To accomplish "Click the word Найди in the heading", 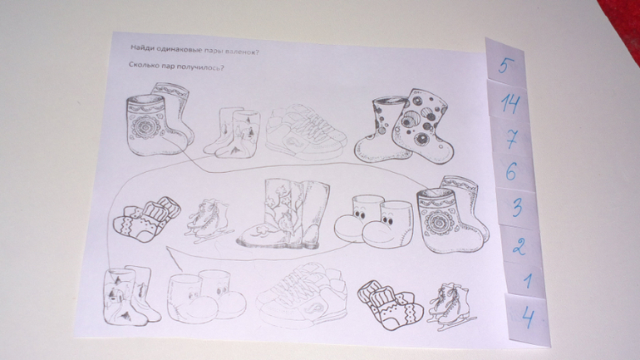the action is click(140, 47).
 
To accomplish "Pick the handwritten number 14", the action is click(510, 103).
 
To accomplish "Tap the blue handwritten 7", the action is click(511, 139).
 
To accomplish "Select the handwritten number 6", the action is click(511, 171).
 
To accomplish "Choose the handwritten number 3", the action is click(517, 207).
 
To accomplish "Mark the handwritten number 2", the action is click(519, 246).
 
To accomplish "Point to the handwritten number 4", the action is click(528, 317).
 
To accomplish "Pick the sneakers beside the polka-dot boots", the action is click(306, 132).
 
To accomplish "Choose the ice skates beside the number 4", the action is click(450, 305).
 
